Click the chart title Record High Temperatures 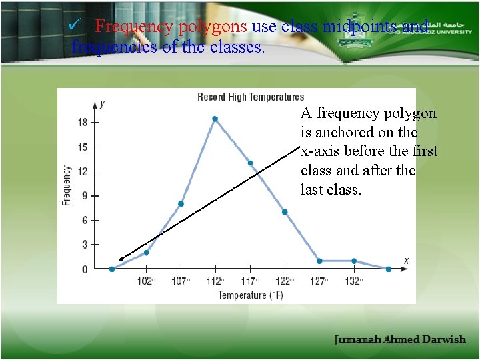click(x=251, y=97)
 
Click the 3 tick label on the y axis click(x=84, y=245)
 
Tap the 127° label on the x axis click(x=319, y=281)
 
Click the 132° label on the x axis click(x=353, y=281)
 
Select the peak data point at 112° click(x=215, y=119)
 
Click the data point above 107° click(x=181, y=204)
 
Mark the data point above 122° click(x=285, y=212)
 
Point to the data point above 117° click(x=250, y=163)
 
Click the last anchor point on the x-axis click(x=389, y=269)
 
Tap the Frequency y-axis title click(x=67, y=185)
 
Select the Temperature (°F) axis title click(x=251, y=295)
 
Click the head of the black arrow click(x=121, y=259)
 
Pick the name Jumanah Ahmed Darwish click(x=400, y=340)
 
